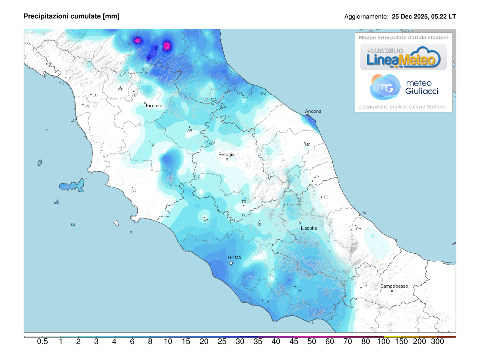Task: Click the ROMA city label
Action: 234,258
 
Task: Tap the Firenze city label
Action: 154,106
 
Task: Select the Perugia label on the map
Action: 226,154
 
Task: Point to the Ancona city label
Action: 313,111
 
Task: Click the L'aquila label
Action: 308,228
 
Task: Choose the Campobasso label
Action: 394,286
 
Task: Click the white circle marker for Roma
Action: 231,263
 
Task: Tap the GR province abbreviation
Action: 134,191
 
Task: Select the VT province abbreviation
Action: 206,221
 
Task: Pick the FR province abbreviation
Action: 298,290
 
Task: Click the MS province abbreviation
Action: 61,83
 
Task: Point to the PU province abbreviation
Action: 263,93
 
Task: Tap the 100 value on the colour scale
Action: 384,342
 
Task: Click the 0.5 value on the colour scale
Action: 42,342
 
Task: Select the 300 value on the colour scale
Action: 438,342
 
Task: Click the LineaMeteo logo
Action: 403,57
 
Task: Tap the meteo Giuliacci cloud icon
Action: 385,87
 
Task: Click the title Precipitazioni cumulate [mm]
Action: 72,16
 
